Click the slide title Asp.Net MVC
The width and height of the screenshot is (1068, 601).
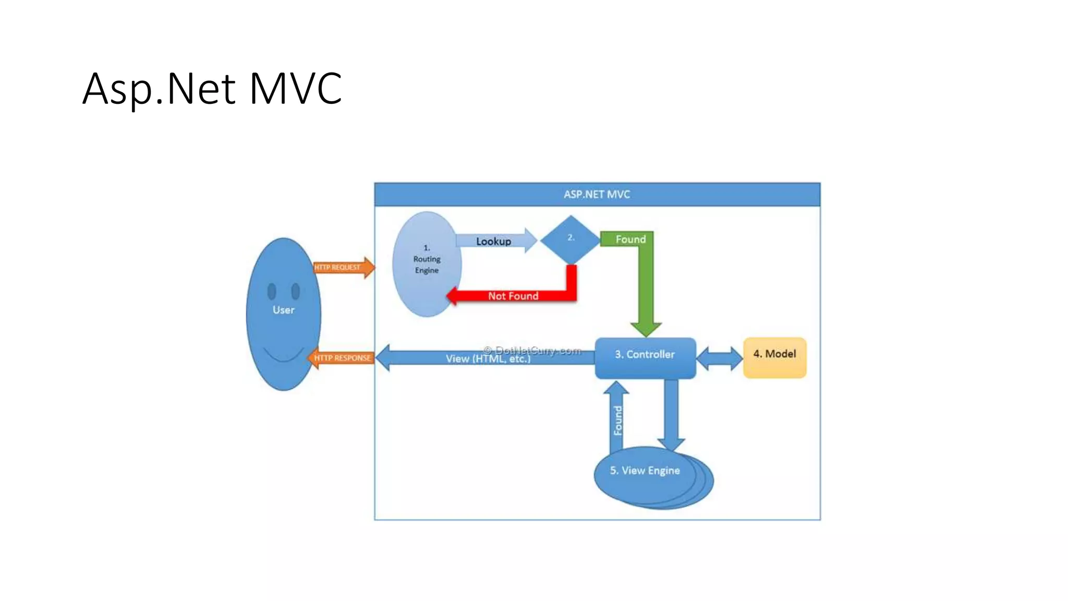coord(212,89)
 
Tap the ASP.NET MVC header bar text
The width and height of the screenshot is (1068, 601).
coord(597,195)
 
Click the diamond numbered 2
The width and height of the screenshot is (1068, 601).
coord(571,239)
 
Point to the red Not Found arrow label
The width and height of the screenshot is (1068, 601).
coord(513,296)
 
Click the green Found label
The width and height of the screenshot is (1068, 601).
coord(630,239)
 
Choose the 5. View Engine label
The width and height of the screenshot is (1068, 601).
coord(645,471)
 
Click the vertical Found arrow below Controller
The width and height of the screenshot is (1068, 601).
coord(617,417)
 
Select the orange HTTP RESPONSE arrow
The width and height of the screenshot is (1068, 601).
coord(342,358)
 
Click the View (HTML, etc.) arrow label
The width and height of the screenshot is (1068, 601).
coord(488,359)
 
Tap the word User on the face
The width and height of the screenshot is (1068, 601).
coord(283,310)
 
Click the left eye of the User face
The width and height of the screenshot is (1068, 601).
coord(272,291)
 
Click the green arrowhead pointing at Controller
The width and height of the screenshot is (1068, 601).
coord(646,329)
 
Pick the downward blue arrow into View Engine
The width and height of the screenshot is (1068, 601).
coord(671,417)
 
